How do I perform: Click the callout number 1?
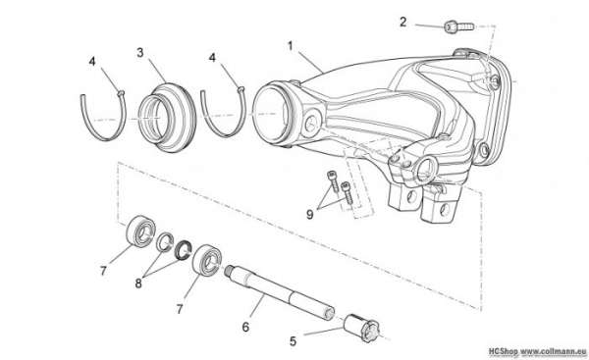pyautogui.click(x=290, y=46)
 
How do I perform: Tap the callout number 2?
pyautogui.click(x=403, y=23)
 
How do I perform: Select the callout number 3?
pyautogui.click(x=140, y=53)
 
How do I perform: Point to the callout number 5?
pyautogui.click(x=293, y=341)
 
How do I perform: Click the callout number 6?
pyautogui.click(x=245, y=327)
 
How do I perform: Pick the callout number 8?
pyautogui.click(x=138, y=283)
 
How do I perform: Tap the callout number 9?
pyautogui.click(x=310, y=215)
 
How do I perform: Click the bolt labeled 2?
pyautogui.click(x=459, y=27)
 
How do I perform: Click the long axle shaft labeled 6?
pyautogui.click(x=280, y=292)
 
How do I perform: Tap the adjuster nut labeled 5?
pyautogui.click(x=362, y=328)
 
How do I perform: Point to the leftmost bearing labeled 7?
pyautogui.click(x=140, y=231)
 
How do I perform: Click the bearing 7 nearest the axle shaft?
pyautogui.click(x=207, y=260)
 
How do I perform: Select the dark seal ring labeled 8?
pyautogui.click(x=184, y=250)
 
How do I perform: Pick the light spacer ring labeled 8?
pyautogui.click(x=165, y=242)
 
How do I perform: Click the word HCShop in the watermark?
pyautogui.click(x=504, y=352)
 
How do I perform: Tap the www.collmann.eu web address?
pyautogui.click(x=554, y=352)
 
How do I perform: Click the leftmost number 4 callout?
pyautogui.click(x=92, y=61)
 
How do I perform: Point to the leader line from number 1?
pyautogui.click(x=309, y=61)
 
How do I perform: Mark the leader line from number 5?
pyautogui.click(x=324, y=332)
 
